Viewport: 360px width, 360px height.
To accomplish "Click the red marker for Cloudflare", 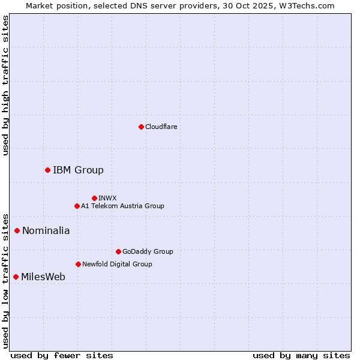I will [141, 127].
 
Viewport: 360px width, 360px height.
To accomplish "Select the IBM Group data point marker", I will [47, 170].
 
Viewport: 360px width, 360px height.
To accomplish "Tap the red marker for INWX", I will [94, 198].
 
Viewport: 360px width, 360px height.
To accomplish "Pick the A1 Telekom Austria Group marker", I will [77, 206].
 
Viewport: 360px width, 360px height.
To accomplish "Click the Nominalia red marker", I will [17, 230].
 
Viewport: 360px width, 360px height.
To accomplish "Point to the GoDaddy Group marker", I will [118, 251].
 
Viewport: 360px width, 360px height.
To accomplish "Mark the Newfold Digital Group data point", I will [78, 264].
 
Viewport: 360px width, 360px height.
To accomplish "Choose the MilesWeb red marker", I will [16, 277].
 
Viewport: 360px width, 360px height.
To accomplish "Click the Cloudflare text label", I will [161, 127].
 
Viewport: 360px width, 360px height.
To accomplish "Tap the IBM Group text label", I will [78, 170].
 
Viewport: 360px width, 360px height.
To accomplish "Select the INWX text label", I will [108, 198].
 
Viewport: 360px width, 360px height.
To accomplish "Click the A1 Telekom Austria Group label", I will [122, 206].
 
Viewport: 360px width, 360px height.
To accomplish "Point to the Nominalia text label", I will [46, 230].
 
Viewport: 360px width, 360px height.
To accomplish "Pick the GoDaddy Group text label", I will [148, 251].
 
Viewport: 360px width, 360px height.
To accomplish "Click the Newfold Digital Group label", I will [117, 264].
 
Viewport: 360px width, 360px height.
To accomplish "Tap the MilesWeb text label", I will [43, 277].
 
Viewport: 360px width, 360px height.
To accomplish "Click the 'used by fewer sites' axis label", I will [62, 355].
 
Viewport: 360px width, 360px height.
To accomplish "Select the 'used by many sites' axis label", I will [301, 355].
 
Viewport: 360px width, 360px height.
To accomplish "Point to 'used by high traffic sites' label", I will [5, 85].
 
